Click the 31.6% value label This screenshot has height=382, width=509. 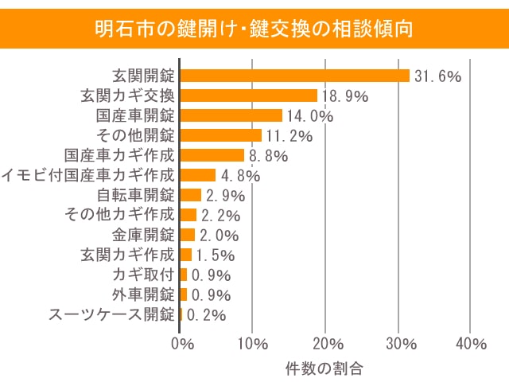click(438, 76)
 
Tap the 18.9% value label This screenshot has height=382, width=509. click(344, 96)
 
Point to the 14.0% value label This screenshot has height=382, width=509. click(309, 116)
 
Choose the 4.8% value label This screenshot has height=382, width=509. click(238, 176)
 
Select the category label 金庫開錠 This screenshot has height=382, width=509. click(144, 235)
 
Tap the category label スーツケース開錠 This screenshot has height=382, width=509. click(112, 314)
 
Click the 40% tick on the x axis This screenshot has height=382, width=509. click(472, 344)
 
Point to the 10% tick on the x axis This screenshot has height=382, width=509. click(253, 344)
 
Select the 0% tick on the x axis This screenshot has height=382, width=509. click(183, 344)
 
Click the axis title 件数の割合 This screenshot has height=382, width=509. click(324, 368)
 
